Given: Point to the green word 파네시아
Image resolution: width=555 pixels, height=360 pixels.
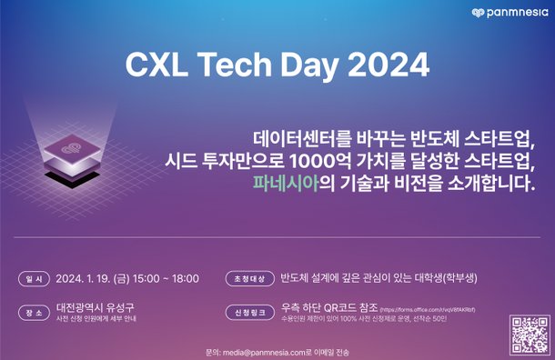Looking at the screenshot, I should click(x=285, y=182).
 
